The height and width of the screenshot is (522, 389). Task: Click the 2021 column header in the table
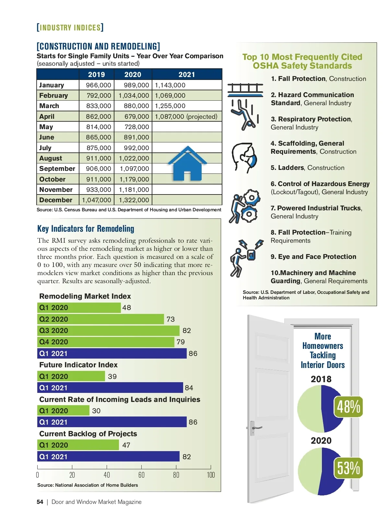click(187, 74)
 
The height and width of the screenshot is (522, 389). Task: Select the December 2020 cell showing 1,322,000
click(134, 200)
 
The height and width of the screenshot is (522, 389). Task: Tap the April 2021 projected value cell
click(186, 117)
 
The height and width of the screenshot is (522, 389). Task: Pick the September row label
click(57, 169)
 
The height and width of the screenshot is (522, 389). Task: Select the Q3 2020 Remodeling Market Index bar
click(108, 330)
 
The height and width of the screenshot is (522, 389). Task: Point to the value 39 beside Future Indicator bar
click(112, 376)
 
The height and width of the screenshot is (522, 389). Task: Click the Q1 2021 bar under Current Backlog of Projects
click(108, 456)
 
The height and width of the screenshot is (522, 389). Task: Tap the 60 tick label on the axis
click(141, 475)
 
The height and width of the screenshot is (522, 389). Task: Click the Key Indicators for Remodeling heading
click(86, 229)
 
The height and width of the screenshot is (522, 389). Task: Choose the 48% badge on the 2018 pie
click(348, 406)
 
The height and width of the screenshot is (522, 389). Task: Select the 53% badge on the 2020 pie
click(348, 468)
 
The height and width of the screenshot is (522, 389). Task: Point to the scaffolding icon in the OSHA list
click(245, 90)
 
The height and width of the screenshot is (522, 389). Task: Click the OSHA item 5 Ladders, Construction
click(307, 168)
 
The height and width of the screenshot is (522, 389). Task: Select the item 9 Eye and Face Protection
click(313, 257)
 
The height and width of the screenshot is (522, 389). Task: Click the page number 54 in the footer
click(40, 502)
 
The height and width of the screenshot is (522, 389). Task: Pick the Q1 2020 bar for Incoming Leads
click(63, 411)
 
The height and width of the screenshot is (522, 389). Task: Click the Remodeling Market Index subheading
click(85, 296)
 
